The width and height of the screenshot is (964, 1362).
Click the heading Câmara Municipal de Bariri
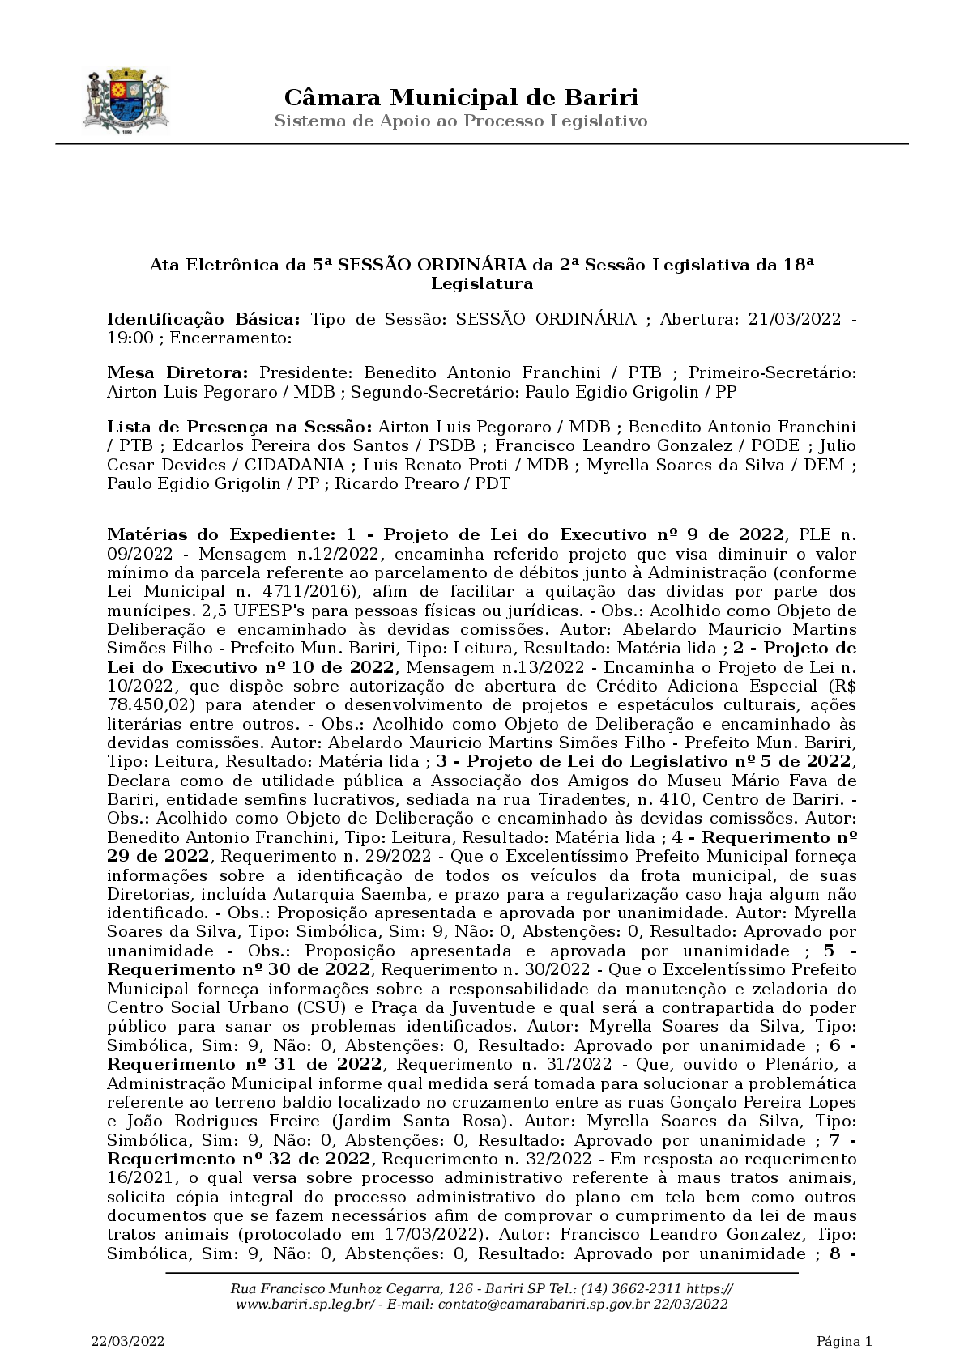[461, 98]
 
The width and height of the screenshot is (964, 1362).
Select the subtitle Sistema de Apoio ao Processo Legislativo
[461, 121]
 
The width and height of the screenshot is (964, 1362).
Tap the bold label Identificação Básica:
[204, 319]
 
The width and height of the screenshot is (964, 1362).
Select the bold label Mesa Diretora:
[178, 373]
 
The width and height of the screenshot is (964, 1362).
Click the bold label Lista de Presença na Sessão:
[240, 427]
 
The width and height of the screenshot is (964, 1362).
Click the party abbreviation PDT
[492, 484]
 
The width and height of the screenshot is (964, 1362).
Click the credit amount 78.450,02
[151, 705]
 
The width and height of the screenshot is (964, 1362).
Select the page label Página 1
[844, 1342]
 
